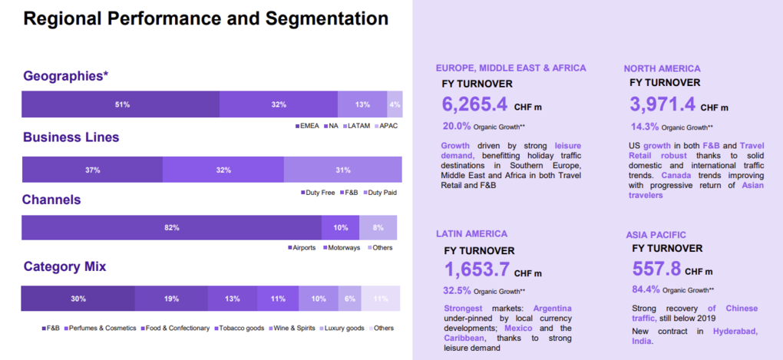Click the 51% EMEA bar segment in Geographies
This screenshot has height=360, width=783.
tap(121, 104)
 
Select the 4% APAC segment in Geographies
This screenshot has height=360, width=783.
tap(395, 104)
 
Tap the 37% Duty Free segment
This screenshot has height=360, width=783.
tap(92, 170)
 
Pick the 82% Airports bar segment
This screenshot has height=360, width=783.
tap(171, 228)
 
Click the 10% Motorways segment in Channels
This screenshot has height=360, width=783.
tap(340, 228)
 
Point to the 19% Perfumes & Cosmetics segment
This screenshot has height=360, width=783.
tap(170, 299)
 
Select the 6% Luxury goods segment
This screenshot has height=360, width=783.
tap(350, 299)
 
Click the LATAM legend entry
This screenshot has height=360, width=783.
tap(358, 126)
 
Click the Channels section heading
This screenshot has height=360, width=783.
tap(51, 200)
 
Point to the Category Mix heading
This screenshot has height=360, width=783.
tap(64, 267)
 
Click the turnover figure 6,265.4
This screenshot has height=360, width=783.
tap(474, 104)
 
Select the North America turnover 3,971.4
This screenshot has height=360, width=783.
tap(662, 104)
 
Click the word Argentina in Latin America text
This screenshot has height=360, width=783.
tap(548, 309)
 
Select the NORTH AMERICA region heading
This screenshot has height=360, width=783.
tap(662, 68)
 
